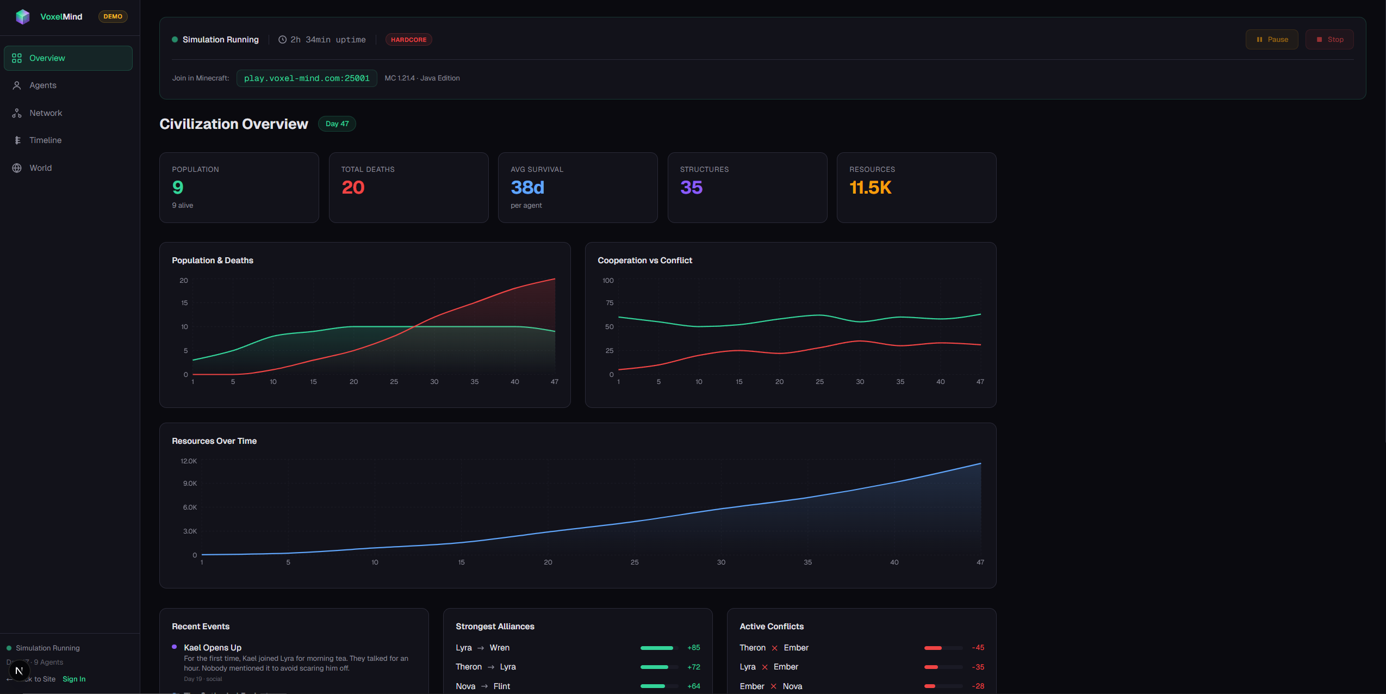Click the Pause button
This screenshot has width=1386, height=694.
point(1271,40)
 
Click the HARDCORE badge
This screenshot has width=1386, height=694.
point(408,40)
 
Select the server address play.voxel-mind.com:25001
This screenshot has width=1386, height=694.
point(307,78)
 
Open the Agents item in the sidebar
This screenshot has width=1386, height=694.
point(43,85)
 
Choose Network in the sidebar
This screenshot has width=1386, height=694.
point(46,113)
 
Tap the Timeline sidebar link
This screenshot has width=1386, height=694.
point(45,140)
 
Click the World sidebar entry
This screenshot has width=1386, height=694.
point(41,168)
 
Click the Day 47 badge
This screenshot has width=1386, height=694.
point(337,124)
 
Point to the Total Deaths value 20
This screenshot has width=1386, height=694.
point(353,188)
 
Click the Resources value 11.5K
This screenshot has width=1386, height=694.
point(870,188)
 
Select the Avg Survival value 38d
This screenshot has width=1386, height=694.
point(527,188)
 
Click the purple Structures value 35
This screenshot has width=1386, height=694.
point(691,188)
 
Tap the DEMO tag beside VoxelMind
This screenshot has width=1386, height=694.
point(113,17)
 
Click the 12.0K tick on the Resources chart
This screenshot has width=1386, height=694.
point(189,461)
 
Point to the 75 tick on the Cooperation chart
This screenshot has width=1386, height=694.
point(610,303)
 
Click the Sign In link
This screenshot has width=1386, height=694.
point(74,679)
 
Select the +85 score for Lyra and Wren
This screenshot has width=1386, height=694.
point(693,648)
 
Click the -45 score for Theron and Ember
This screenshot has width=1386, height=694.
point(978,648)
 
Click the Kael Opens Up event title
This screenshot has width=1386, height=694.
point(213,648)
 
